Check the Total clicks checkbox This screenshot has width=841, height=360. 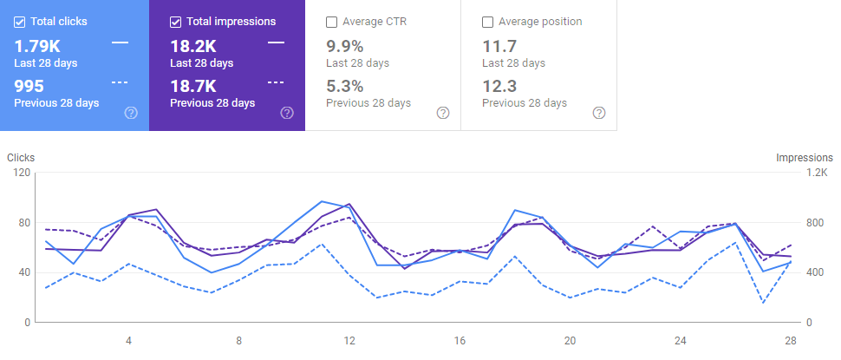pos(20,22)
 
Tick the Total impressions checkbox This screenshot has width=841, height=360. pos(176,22)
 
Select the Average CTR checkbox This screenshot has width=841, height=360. pos(332,22)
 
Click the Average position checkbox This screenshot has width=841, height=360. pos(488,22)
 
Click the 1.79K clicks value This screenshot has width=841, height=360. pos(36,45)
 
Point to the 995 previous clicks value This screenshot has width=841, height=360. pos(29,86)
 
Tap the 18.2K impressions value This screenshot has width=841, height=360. pos(192,45)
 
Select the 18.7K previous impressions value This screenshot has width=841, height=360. pos(192,86)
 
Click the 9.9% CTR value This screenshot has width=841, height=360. pos(344,45)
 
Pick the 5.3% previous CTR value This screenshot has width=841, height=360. pos(344,86)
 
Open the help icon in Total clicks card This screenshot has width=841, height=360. pos(131,113)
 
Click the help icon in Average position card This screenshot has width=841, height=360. pos(598,113)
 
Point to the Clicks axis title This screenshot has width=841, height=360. pos(21,158)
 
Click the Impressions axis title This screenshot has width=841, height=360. pos(805,158)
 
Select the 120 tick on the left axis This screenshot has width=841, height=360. pos(21,173)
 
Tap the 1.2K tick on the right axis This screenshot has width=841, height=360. pos(818,173)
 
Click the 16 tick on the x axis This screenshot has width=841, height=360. pos(460,340)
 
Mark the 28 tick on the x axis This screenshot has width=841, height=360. pos(791,340)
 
